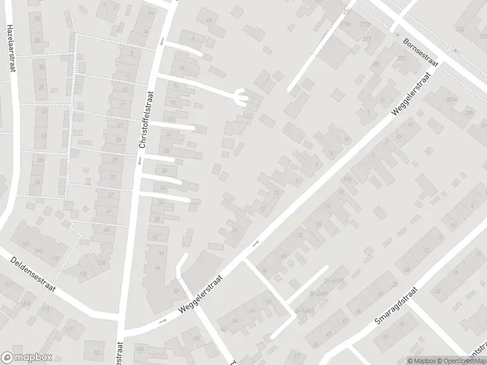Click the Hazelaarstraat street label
10,48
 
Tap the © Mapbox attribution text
421,361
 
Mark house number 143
97,353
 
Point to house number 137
69,330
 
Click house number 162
26,243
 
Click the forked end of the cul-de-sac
242,97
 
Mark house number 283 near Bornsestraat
450,99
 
